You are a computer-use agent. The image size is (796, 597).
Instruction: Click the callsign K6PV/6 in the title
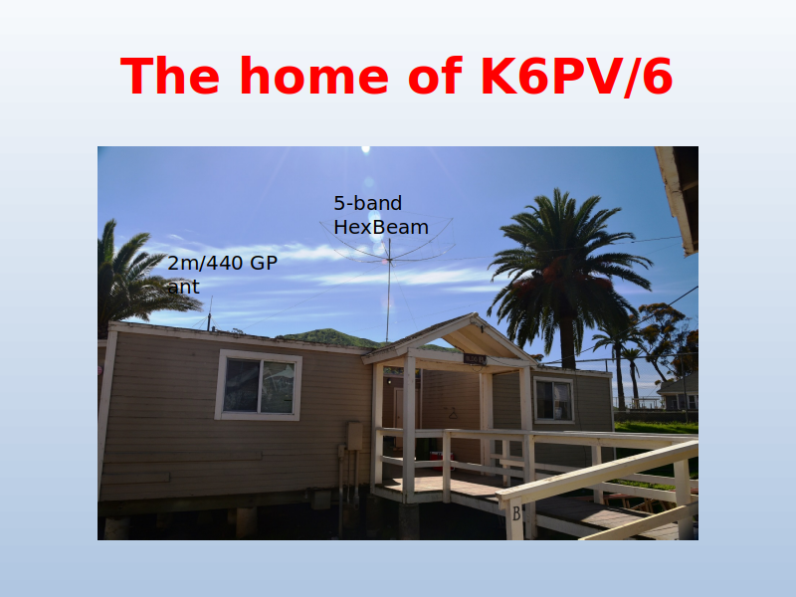click(576, 77)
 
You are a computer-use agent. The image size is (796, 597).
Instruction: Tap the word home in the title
click(314, 76)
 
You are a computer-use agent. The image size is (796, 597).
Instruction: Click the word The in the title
click(170, 76)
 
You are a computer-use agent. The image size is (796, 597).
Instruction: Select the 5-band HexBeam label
click(381, 215)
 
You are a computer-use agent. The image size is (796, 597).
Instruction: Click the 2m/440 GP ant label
click(222, 275)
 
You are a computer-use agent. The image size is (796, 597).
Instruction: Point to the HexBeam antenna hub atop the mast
click(389, 261)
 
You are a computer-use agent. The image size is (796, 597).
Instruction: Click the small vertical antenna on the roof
click(209, 313)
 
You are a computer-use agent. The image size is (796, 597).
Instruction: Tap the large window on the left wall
click(259, 386)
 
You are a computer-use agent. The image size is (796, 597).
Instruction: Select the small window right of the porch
click(553, 400)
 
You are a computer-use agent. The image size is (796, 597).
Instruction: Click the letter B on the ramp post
click(516, 513)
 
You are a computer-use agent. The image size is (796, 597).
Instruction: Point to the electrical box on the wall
click(355, 436)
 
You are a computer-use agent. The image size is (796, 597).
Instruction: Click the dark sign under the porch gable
click(475, 359)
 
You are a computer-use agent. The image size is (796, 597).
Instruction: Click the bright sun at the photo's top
click(365, 149)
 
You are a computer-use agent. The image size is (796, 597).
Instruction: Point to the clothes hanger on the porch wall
click(453, 414)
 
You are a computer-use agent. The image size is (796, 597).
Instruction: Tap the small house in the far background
click(678, 392)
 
